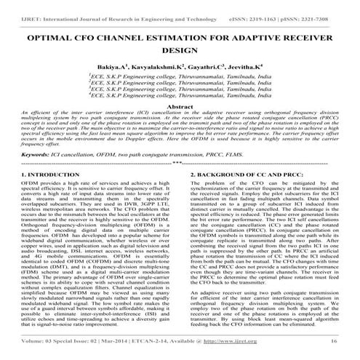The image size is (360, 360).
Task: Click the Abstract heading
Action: pyautogui.click(x=180, y=121)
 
